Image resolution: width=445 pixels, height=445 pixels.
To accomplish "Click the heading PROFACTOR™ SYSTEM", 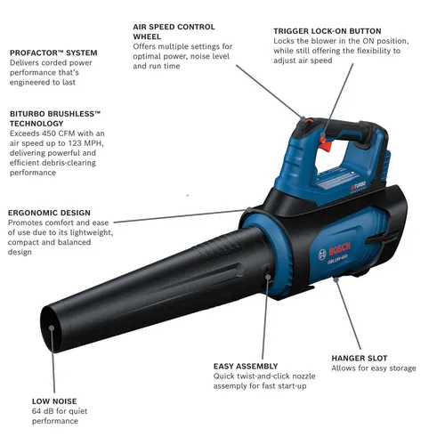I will pyautogui.click(x=53, y=53).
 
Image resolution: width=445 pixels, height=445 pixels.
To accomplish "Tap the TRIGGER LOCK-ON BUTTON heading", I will pyautogui.click(x=328, y=31).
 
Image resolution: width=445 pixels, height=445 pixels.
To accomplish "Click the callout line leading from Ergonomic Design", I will pyautogui.click(x=178, y=216).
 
